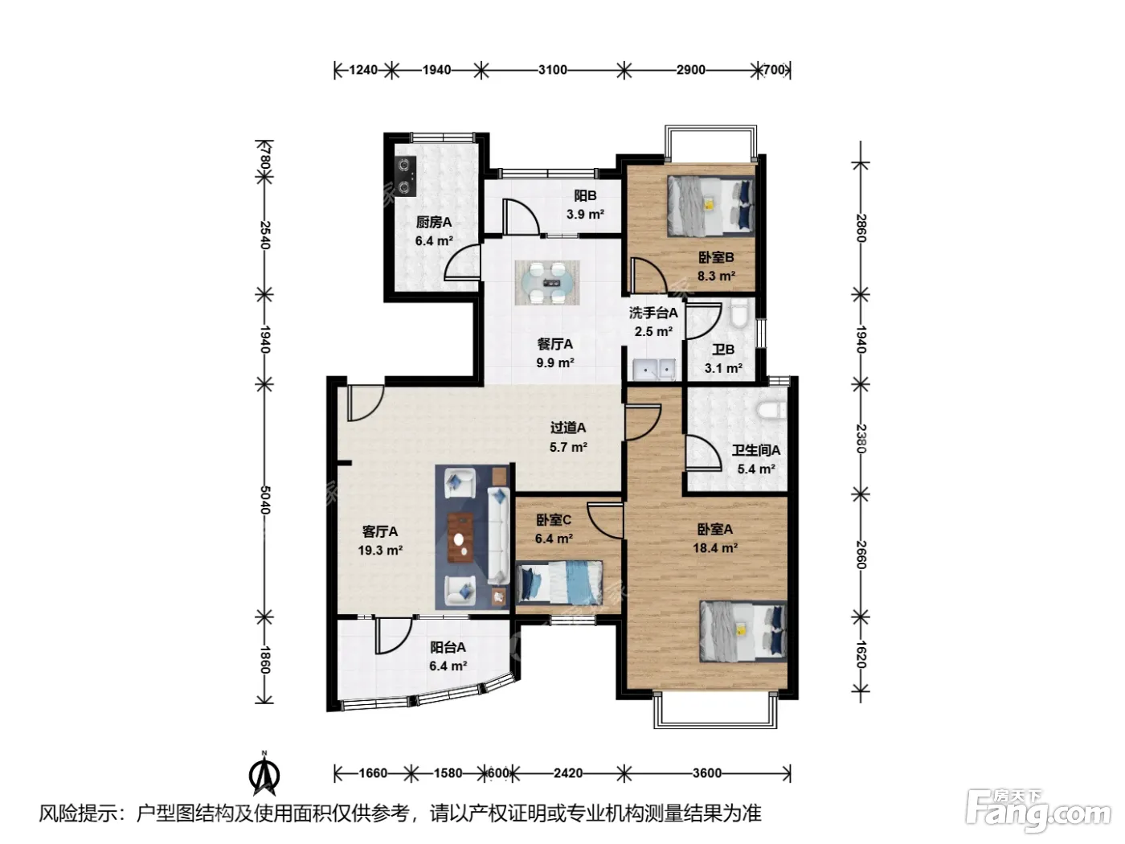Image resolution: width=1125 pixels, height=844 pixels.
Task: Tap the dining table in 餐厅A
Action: [x=547, y=282]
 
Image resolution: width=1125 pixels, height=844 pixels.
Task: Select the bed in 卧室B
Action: [x=711, y=206]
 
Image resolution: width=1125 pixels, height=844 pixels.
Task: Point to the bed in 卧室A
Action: [x=743, y=631]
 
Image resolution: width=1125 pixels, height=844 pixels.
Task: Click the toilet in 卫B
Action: [x=739, y=314]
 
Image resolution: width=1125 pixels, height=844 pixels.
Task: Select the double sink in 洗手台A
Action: [x=654, y=370]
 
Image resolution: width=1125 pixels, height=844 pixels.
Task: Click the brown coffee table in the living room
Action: [x=460, y=538]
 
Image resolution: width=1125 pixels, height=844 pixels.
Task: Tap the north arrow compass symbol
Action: [x=264, y=774]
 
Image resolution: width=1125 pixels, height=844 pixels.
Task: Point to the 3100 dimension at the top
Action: [x=553, y=70]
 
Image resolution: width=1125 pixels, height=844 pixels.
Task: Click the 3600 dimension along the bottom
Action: [x=707, y=772]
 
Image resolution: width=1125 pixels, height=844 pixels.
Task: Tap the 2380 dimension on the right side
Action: [x=861, y=438]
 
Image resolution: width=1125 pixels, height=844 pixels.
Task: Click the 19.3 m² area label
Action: [x=380, y=551]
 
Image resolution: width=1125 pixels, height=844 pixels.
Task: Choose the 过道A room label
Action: [x=568, y=427]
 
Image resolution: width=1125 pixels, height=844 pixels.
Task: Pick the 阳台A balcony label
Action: [x=448, y=647]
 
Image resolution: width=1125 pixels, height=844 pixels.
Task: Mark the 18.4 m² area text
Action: [x=715, y=548]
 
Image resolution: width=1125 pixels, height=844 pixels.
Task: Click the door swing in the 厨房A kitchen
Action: [x=462, y=261]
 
